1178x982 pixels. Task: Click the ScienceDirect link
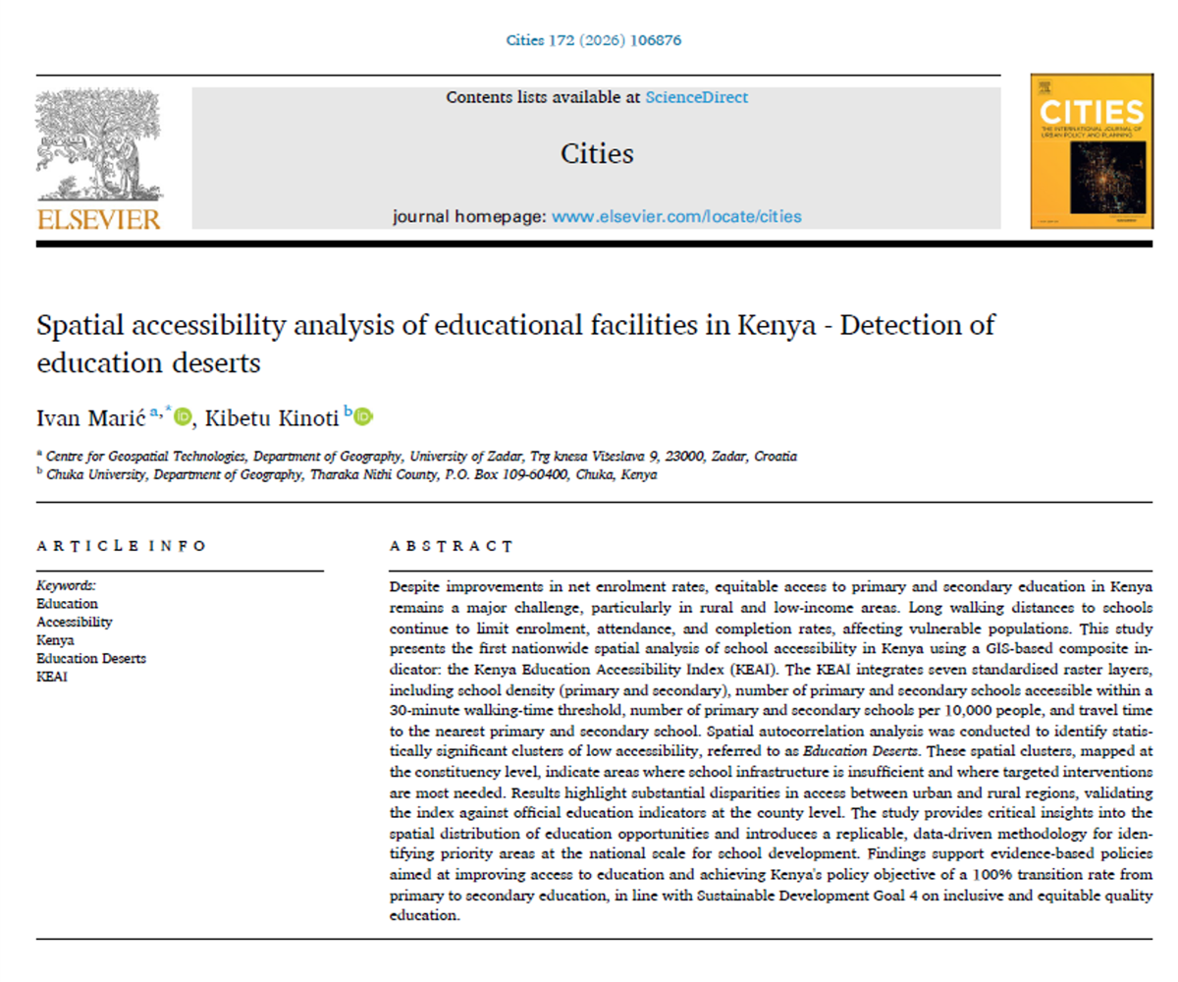pos(696,97)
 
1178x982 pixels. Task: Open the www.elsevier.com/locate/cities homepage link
pos(676,216)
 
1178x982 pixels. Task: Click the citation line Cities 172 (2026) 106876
pos(593,40)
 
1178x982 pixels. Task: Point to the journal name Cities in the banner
pos(597,154)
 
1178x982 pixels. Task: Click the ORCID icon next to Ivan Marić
pos(183,417)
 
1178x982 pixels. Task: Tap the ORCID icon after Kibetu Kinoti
pos(363,417)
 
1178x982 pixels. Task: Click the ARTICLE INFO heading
pos(122,546)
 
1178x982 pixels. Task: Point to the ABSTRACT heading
pos(451,546)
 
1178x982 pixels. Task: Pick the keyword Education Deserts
pos(91,658)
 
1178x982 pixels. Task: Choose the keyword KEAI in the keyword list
pos(53,676)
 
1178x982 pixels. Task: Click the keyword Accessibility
pos(75,622)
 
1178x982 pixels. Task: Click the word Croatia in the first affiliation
pos(770,457)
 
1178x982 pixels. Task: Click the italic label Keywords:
pos(66,585)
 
